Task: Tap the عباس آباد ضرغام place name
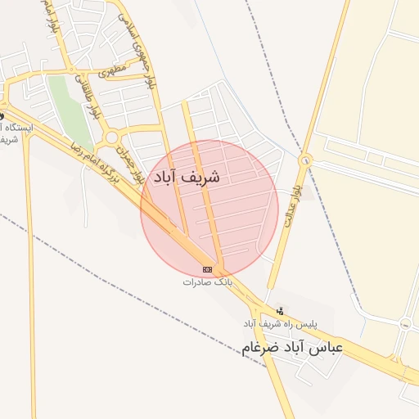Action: point(292,347)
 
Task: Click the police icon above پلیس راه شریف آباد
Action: point(281,311)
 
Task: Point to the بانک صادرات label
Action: point(208,282)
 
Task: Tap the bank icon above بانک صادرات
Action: point(208,269)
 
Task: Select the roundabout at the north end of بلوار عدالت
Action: point(305,160)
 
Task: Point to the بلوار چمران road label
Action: point(133,163)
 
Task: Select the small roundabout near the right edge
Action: point(405,323)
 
